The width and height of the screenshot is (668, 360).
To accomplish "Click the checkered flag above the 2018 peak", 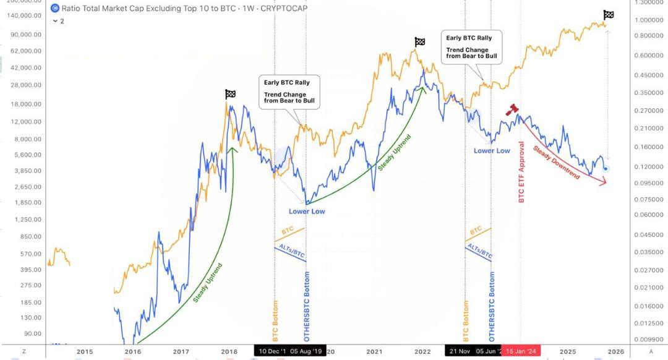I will [230, 94].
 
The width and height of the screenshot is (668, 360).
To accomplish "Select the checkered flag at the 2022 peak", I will [420, 41].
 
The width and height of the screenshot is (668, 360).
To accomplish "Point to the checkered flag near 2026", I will [609, 15].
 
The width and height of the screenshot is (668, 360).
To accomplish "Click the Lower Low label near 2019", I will [307, 212].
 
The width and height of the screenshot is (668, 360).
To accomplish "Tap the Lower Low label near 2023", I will [492, 150].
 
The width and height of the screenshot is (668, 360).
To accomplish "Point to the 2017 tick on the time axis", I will [181, 351].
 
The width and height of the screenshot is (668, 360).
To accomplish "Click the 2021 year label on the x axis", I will [374, 351].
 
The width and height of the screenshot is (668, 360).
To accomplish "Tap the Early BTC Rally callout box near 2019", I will [289, 92].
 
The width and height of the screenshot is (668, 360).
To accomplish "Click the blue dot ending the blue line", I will [606, 168].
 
